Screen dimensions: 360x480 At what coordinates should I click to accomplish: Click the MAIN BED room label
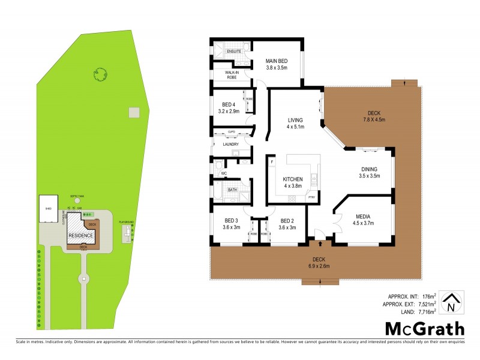pyautogui.click(x=277, y=61)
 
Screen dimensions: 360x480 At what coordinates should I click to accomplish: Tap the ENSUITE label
pyautogui.click(x=234, y=52)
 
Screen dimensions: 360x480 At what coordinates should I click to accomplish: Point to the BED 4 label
pyautogui.click(x=230, y=104)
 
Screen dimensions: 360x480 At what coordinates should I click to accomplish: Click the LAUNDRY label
pyautogui.click(x=230, y=144)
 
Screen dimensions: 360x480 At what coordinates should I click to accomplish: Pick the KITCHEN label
pyautogui.click(x=293, y=179)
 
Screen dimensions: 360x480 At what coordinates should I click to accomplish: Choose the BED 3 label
pyautogui.click(x=232, y=220)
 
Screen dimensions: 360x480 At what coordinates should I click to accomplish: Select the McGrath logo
pyautogui.click(x=424, y=328)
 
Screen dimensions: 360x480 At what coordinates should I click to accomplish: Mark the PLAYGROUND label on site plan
pyautogui.click(x=125, y=222)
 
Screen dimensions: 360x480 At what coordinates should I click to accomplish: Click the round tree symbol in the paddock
pyautogui.click(x=100, y=74)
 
